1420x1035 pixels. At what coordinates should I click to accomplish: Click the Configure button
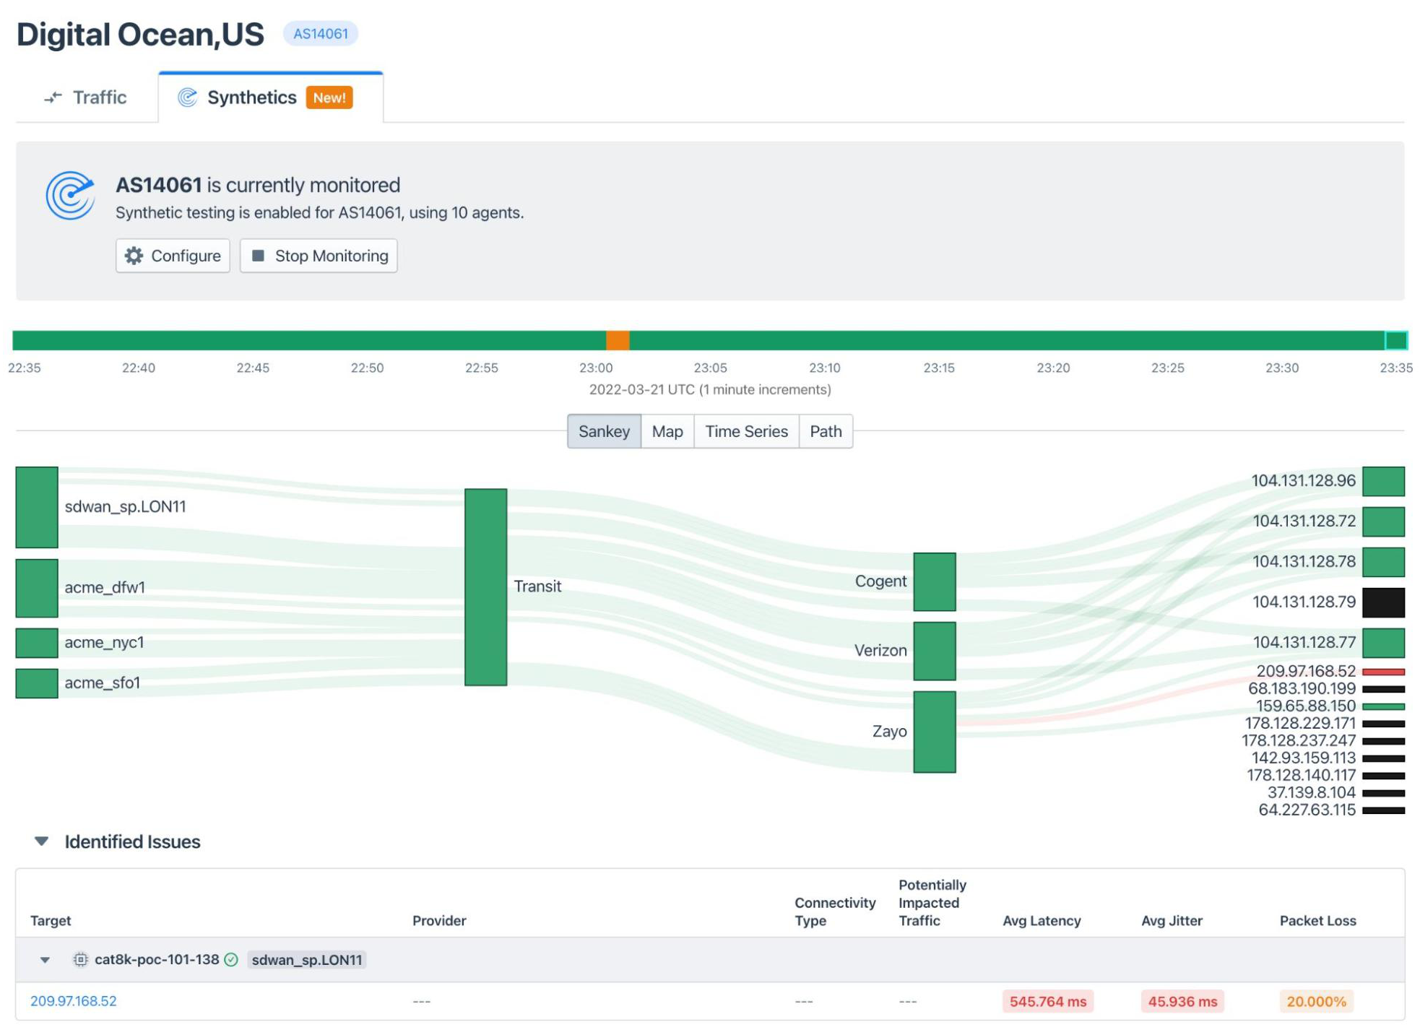[x=173, y=256]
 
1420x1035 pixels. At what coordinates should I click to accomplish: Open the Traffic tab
[x=86, y=98]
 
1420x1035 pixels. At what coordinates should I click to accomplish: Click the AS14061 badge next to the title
[x=320, y=34]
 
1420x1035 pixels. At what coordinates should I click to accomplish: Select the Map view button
[x=667, y=431]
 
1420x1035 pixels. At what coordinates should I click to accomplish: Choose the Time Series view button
[x=745, y=431]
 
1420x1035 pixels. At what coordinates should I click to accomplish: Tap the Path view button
[x=825, y=431]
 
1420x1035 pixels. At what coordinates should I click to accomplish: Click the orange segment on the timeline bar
[x=617, y=340]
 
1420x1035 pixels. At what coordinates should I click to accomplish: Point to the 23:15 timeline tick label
[x=938, y=368]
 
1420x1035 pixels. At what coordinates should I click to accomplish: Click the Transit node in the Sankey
[x=485, y=586]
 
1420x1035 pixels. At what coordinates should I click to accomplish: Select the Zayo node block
[x=934, y=732]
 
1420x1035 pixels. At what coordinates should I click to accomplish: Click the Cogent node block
[x=934, y=581]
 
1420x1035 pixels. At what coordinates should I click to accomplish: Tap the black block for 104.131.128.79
[x=1382, y=602]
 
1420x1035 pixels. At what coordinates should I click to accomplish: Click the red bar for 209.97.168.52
[x=1382, y=672]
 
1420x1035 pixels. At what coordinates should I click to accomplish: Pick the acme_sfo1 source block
[x=37, y=683]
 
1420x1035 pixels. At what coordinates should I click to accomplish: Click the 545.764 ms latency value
[x=1047, y=1001]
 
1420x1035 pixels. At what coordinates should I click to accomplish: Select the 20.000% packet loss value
[x=1315, y=1001]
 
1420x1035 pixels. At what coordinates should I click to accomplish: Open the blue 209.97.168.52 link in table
[x=73, y=1001]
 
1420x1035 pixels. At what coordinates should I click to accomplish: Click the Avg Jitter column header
[x=1171, y=920]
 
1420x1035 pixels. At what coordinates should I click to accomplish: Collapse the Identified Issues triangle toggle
[x=42, y=841]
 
